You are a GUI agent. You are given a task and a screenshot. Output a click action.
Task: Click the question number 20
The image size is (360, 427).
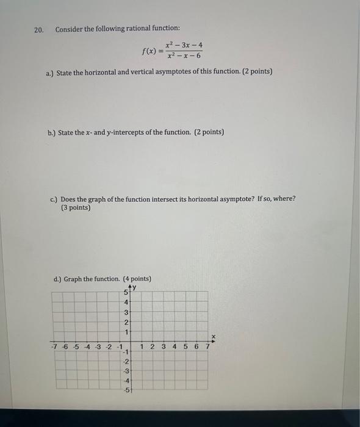(39, 30)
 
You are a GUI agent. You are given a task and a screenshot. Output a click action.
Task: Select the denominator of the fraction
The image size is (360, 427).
(184, 57)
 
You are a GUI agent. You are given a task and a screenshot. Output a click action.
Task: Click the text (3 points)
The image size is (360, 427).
(76, 207)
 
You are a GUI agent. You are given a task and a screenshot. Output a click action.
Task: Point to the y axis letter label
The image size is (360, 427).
(134, 287)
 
